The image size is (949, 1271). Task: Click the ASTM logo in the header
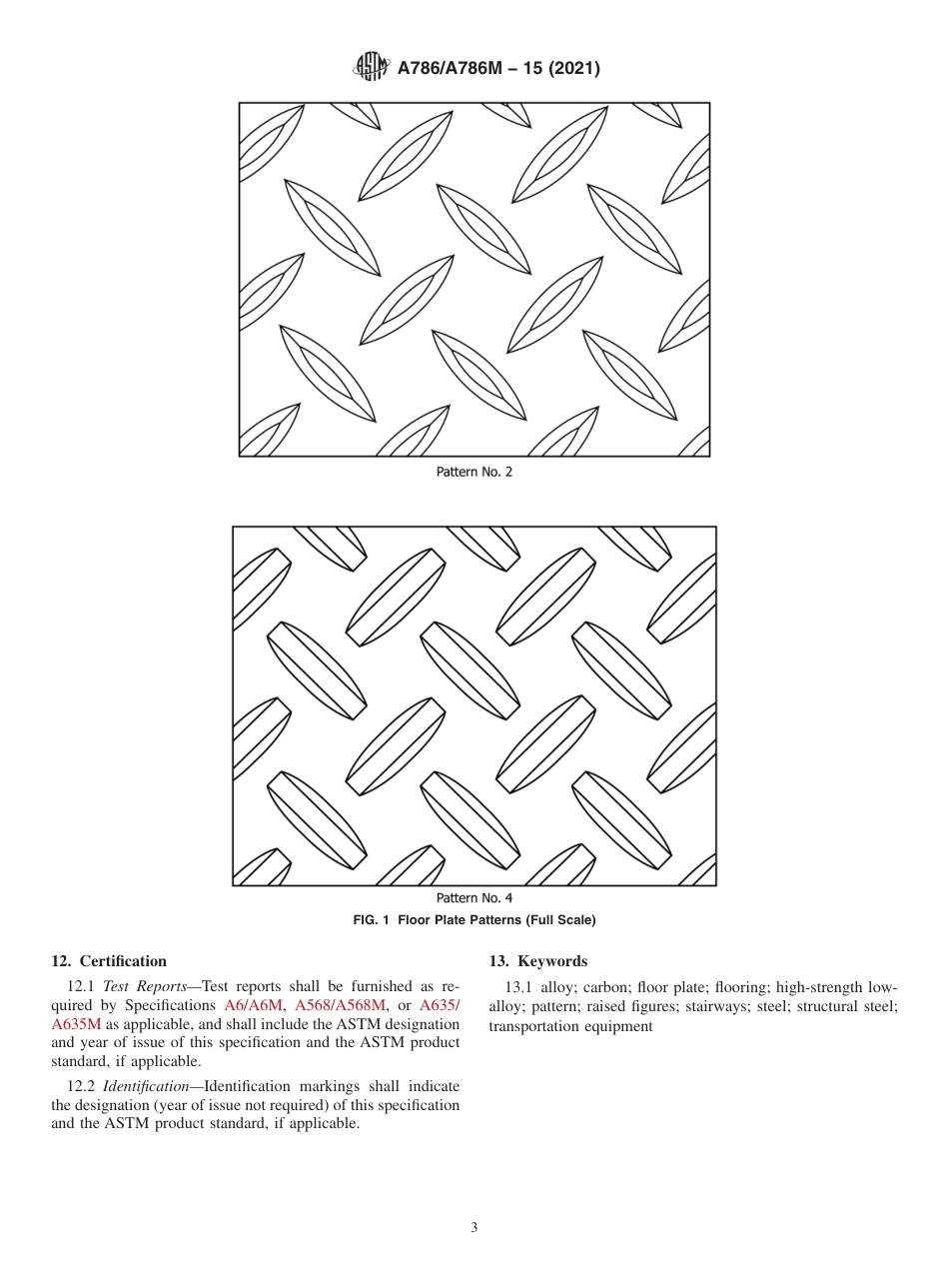(x=371, y=68)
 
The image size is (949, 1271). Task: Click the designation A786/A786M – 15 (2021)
(x=498, y=69)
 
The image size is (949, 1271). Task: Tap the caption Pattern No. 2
(x=474, y=472)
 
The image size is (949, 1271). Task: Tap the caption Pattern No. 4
(x=474, y=898)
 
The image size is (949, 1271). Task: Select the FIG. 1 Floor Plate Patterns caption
(x=474, y=920)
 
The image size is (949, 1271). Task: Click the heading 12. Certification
(x=109, y=961)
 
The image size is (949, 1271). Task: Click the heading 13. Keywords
(x=537, y=961)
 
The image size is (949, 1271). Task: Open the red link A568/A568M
(x=341, y=1005)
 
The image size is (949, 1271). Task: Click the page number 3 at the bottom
(x=474, y=1228)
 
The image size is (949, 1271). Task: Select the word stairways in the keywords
(x=717, y=1006)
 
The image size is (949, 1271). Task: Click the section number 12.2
(x=83, y=1086)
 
